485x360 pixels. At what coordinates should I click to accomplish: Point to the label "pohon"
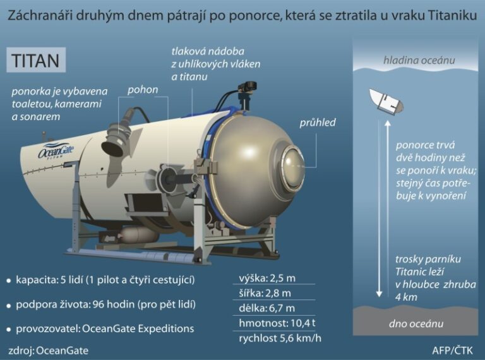(143, 89)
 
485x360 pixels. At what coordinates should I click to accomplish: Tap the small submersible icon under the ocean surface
(386, 100)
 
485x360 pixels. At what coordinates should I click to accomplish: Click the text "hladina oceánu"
(419, 61)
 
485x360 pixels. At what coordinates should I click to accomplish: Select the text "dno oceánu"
(416, 323)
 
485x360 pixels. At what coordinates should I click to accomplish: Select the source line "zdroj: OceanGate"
(49, 350)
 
